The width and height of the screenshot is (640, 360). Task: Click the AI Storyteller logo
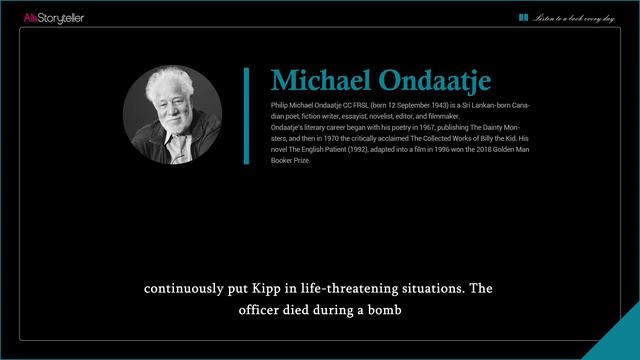click(54, 18)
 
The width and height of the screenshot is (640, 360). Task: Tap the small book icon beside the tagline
click(524, 17)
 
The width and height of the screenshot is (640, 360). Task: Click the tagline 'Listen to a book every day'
click(573, 18)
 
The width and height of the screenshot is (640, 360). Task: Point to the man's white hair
click(169, 79)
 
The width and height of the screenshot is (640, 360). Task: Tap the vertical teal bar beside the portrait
click(246, 115)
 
